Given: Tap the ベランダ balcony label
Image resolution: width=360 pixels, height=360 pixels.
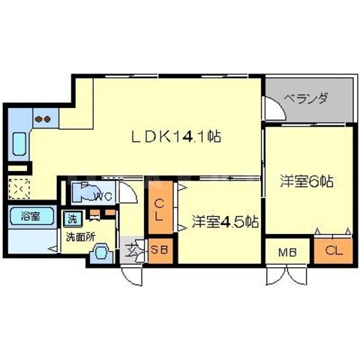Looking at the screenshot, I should tap(308, 97).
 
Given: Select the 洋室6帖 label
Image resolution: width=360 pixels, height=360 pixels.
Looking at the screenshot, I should tap(307, 181).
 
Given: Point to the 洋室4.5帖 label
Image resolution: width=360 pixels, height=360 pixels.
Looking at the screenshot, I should tap(224, 222).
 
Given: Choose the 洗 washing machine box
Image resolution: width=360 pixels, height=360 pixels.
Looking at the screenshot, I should tap(72, 219).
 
